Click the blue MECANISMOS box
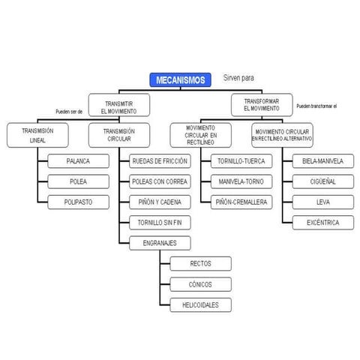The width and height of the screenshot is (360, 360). (x=179, y=80)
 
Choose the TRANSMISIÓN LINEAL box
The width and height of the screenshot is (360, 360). (x=39, y=133)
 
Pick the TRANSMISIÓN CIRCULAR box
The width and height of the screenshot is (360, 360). (x=118, y=133)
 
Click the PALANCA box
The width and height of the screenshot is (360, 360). (x=78, y=161)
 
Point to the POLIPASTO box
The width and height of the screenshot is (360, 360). (x=78, y=202)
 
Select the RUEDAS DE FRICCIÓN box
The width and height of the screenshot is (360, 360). (x=160, y=161)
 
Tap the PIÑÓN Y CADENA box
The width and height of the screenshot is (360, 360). (x=160, y=202)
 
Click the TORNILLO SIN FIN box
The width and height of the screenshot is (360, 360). (x=160, y=223)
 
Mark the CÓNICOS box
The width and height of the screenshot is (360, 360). (x=201, y=284)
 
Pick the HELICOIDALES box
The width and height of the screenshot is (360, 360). (x=201, y=305)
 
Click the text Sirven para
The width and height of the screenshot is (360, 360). (x=239, y=78)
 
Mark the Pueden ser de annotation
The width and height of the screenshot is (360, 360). (x=69, y=111)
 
